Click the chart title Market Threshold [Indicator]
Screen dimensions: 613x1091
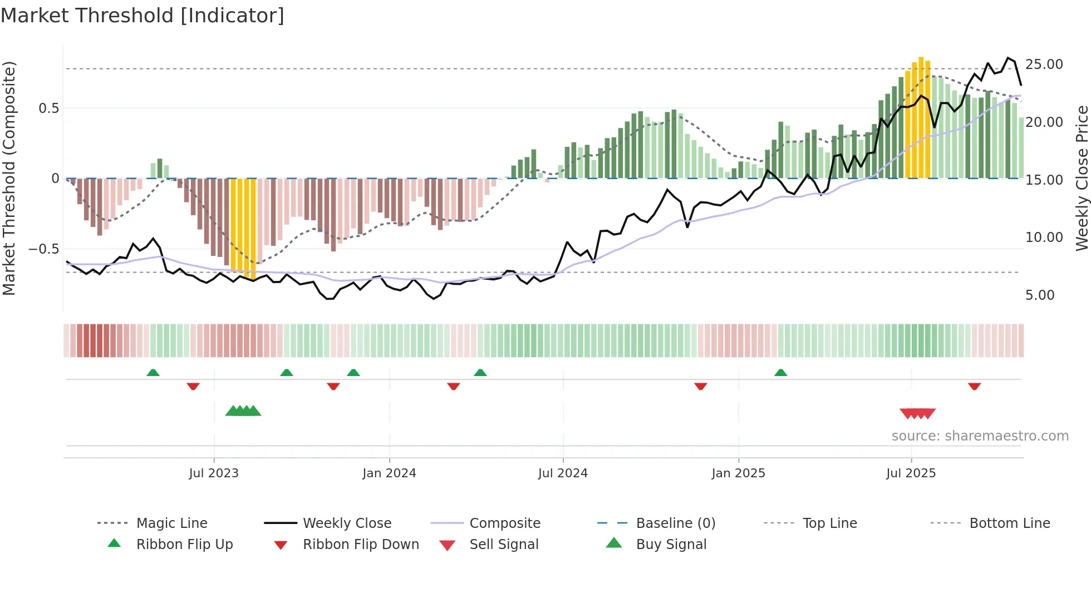(x=142, y=16)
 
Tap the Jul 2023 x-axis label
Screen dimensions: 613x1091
(x=214, y=473)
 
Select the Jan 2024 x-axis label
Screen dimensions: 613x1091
(x=389, y=473)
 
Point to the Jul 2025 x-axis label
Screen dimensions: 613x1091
(x=911, y=473)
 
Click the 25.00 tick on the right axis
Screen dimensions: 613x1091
(x=1044, y=65)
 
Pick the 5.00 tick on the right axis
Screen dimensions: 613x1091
(x=1040, y=295)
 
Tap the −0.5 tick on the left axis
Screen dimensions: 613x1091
(x=44, y=249)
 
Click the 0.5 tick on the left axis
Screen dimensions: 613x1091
(x=48, y=108)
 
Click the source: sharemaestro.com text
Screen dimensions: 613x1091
(x=980, y=436)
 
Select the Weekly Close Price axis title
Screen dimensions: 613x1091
(x=1082, y=178)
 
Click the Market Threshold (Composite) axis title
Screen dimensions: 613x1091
(x=9, y=178)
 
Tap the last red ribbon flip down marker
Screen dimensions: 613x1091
(x=974, y=387)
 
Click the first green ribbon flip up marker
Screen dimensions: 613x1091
(x=153, y=372)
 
